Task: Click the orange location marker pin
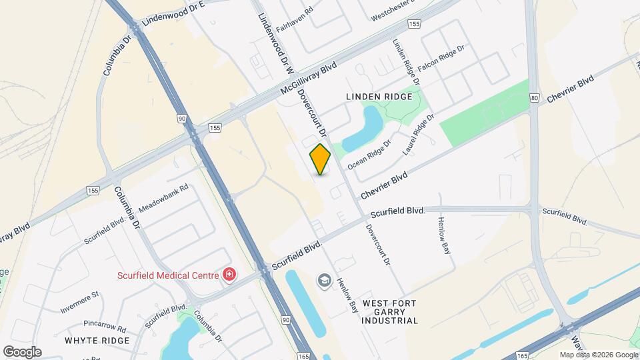tap(320, 159)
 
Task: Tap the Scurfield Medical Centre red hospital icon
tap(229, 275)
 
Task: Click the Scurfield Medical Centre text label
tap(168, 275)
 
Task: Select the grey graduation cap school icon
tap(325, 281)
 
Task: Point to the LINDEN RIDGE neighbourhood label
tap(379, 97)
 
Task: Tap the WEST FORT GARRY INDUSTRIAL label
tap(390, 312)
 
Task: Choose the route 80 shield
tap(535, 98)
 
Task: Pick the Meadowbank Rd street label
tap(163, 198)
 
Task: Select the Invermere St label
tap(79, 302)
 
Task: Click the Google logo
tap(23, 352)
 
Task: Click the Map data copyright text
tap(598, 355)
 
